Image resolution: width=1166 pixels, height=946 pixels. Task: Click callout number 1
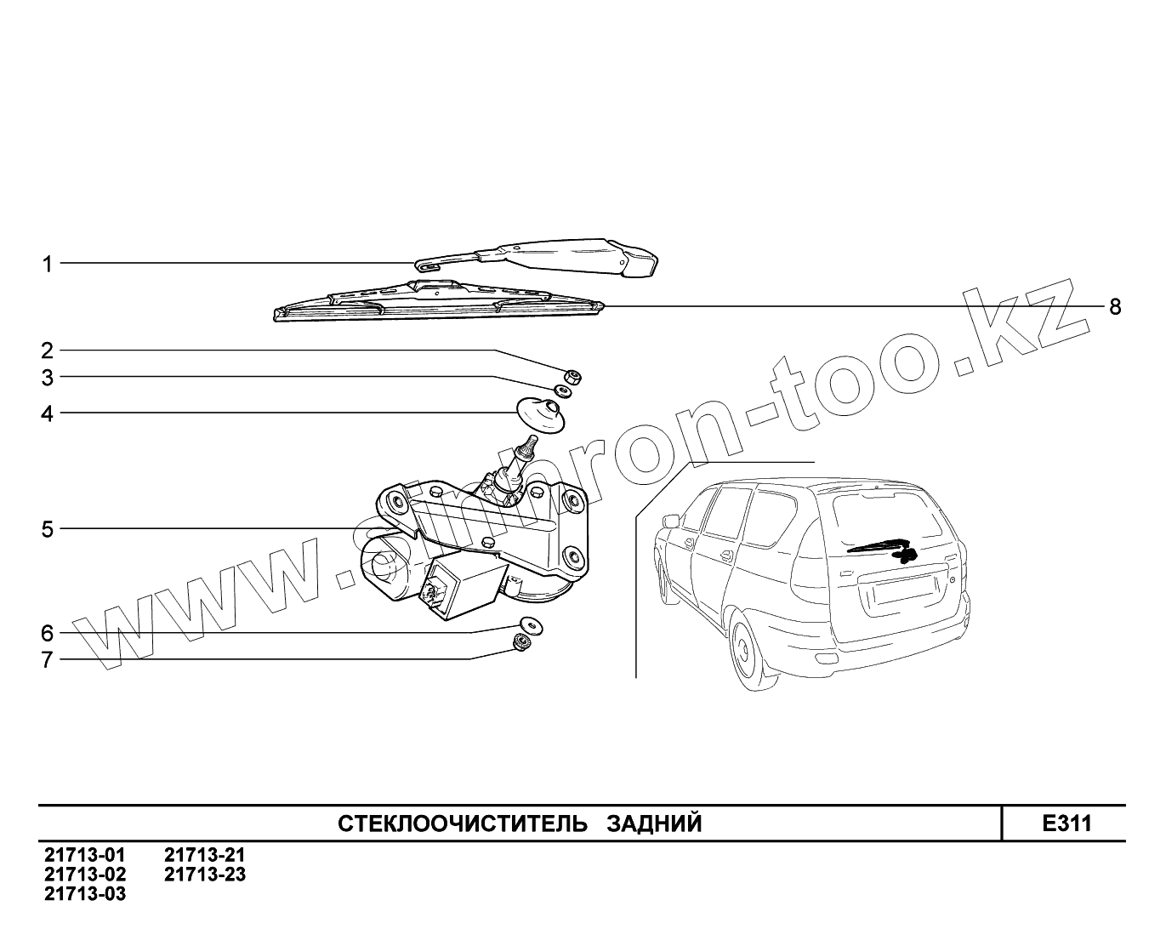[x=48, y=264]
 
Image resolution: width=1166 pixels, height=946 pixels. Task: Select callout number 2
[x=48, y=350]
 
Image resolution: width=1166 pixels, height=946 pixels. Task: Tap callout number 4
[x=48, y=414]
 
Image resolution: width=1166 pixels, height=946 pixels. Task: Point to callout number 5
[x=48, y=529]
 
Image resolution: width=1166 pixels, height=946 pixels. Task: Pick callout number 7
[x=48, y=659]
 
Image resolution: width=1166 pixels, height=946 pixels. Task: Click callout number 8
[x=1115, y=306]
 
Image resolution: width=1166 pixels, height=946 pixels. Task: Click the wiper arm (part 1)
[x=544, y=254]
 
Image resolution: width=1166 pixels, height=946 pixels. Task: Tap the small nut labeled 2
[x=573, y=375]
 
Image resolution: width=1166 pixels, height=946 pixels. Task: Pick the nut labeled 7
[x=520, y=643]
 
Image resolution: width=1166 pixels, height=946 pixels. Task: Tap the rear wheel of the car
[x=748, y=653]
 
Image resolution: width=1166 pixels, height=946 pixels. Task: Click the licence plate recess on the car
[x=905, y=590]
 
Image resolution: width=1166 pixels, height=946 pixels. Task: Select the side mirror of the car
[x=672, y=521]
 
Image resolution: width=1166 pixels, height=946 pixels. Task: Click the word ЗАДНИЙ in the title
[x=654, y=823]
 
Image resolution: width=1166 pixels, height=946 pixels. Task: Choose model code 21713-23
[x=205, y=874]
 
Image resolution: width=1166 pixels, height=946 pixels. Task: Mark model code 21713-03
[x=85, y=893]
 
